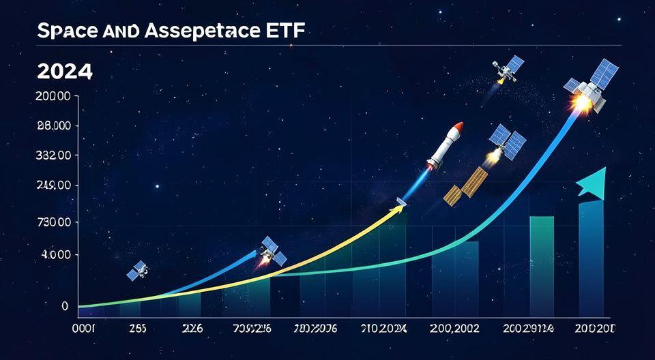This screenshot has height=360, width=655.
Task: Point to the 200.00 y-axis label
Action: [52, 97]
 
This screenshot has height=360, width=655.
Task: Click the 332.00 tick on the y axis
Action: [52, 155]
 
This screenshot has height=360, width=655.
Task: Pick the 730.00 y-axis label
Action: [52, 222]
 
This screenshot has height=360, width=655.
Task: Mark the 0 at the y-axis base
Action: [65, 306]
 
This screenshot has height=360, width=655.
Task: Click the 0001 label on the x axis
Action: [84, 328]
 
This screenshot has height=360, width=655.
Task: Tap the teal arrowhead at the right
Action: [591, 182]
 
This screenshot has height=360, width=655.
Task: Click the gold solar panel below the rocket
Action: [465, 186]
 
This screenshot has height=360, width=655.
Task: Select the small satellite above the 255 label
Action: [137, 271]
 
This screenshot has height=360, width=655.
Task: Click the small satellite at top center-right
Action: [509, 68]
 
